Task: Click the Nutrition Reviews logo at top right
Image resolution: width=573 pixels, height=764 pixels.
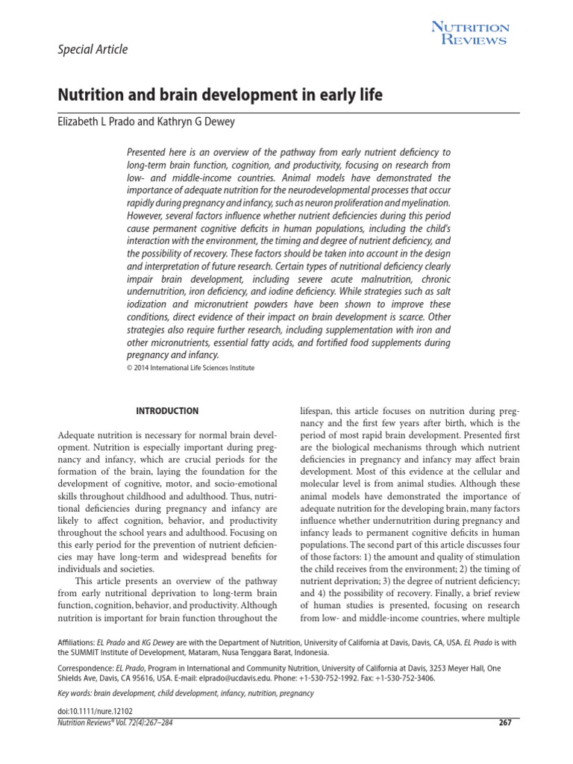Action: coord(471,34)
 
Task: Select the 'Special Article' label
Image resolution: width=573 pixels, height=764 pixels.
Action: coord(93,50)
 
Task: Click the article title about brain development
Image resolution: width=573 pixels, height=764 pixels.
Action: coord(220,96)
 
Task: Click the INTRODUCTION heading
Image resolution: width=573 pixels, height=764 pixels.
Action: coord(166,410)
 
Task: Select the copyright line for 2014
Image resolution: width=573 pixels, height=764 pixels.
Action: coord(190,368)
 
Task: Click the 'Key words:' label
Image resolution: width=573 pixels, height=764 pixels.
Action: coord(74,694)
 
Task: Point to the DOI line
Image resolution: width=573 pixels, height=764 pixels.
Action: coord(95,713)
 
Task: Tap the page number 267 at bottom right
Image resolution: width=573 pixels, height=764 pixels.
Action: coord(504,723)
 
